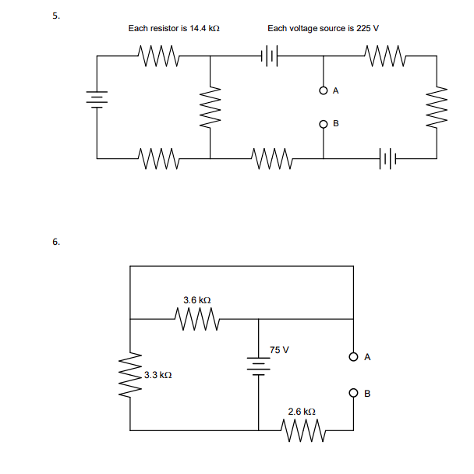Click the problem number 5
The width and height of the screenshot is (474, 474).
click(56, 16)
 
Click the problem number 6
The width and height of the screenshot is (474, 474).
click(56, 242)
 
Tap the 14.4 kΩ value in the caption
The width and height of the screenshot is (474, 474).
click(204, 28)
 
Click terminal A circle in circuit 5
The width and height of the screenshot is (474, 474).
click(324, 90)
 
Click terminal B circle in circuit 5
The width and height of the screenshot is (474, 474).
click(324, 124)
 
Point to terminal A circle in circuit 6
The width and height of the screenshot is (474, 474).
click(353, 357)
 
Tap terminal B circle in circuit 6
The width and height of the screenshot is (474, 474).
click(353, 393)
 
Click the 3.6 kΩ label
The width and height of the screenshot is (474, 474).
click(197, 300)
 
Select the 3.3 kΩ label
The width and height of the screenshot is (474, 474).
click(157, 375)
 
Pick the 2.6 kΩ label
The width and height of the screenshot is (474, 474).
click(302, 412)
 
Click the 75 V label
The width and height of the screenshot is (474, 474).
click(279, 350)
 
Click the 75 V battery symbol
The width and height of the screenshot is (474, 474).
click(259, 366)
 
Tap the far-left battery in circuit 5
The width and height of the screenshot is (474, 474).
click(97, 100)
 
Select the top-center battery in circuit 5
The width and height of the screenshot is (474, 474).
click(269, 55)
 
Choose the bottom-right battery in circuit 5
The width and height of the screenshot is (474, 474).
click(387, 158)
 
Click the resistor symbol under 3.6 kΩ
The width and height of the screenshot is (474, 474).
click(198, 319)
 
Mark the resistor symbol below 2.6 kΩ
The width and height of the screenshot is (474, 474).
click(303, 430)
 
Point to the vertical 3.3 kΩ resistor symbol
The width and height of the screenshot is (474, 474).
click(130, 375)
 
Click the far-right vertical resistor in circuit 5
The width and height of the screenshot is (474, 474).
click(437, 108)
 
